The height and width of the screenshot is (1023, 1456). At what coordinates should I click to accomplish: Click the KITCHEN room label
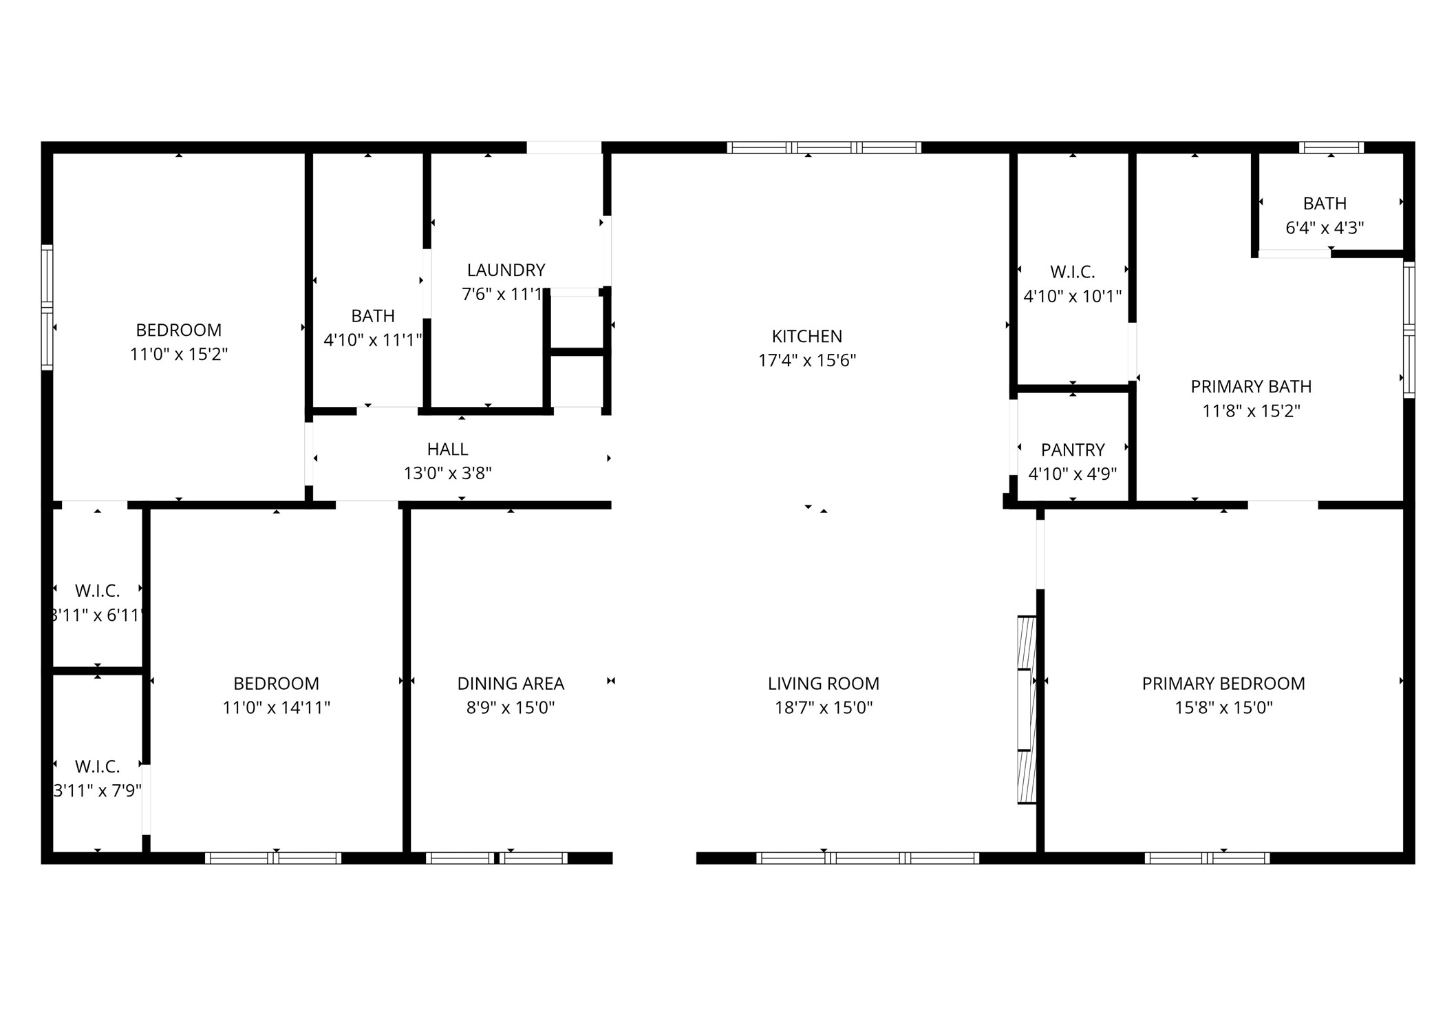pyautogui.click(x=806, y=336)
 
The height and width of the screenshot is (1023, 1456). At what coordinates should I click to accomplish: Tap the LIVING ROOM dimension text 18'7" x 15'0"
pyautogui.click(x=823, y=708)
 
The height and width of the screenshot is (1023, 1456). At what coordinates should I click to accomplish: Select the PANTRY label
pyautogui.click(x=1072, y=450)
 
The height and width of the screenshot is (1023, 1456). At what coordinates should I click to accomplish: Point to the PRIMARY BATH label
pyautogui.click(x=1250, y=386)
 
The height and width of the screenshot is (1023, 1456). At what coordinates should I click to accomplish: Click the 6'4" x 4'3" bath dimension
pyautogui.click(x=1324, y=228)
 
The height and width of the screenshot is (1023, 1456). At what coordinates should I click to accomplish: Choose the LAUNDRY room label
pyautogui.click(x=506, y=270)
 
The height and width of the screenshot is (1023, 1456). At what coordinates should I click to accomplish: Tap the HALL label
pyautogui.click(x=447, y=449)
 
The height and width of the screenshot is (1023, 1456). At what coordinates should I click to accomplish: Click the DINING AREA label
pyautogui.click(x=510, y=684)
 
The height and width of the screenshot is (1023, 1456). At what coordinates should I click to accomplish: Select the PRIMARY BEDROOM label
pyautogui.click(x=1223, y=684)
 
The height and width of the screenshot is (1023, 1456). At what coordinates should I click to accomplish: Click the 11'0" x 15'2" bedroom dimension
pyautogui.click(x=178, y=355)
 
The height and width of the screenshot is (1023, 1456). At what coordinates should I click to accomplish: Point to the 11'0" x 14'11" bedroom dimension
pyautogui.click(x=276, y=708)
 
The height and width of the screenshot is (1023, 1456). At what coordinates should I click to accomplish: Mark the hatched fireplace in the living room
pyautogui.click(x=1026, y=709)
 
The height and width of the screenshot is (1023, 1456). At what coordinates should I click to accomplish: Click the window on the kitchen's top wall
pyautogui.click(x=824, y=147)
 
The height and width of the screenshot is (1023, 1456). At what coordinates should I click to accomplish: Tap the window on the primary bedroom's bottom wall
pyautogui.click(x=1207, y=858)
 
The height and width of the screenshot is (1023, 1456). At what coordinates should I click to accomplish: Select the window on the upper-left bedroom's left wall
pyautogui.click(x=47, y=307)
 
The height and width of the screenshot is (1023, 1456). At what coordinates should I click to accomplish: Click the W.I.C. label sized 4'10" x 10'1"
pyautogui.click(x=1072, y=272)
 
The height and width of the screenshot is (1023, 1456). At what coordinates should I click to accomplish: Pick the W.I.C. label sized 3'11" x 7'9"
pyautogui.click(x=97, y=766)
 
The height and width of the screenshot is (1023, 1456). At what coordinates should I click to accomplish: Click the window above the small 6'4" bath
pyautogui.click(x=1331, y=147)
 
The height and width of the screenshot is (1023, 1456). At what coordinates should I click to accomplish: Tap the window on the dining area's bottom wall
pyautogui.click(x=496, y=858)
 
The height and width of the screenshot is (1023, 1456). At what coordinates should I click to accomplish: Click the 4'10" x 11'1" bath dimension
pyautogui.click(x=372, y=340)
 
